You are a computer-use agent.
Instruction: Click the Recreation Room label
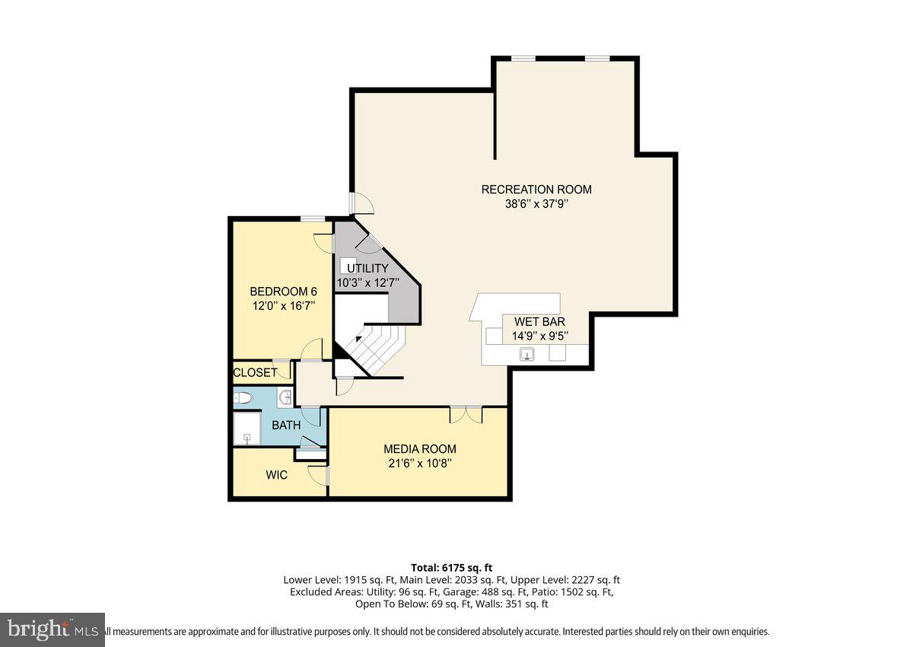pyautogui.click(x=536, y=190)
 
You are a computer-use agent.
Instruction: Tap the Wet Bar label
pyautogui.click(x=539, y=321)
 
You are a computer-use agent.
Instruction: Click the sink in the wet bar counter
pyautogui.click(x=526, y=354)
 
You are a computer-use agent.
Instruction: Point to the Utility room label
pyautogui.click(x=367, y=268)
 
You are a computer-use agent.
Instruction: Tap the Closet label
pyautogui.click(x=255, y=373)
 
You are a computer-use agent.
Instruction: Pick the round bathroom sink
pyautogui.click(x=285, y=397)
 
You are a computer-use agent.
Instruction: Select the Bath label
pyautogui.click(x=286, y=425)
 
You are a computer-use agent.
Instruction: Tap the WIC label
pyautogui.click(x=276, y=475)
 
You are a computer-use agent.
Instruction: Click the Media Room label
pyautogui.click(x=419, y=449)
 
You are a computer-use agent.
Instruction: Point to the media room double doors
pyautogui.click(x=466, y=415)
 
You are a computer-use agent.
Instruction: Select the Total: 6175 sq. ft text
pyautogui.click(x=452, y=567)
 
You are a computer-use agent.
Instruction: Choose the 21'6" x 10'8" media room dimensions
pyautogui.click(x=419, y=463)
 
